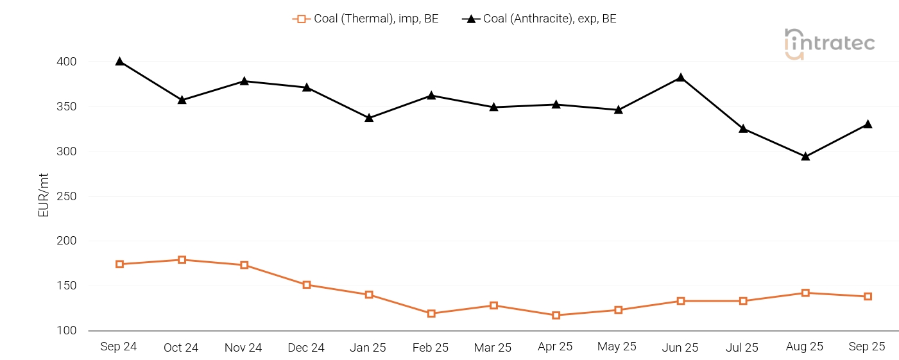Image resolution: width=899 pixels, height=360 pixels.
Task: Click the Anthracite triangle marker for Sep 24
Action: point(119,62)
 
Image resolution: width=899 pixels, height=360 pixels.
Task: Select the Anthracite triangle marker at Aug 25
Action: point(805,157)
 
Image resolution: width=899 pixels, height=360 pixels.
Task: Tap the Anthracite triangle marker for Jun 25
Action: point(681,78)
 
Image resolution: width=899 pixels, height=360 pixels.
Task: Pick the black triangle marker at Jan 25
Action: point(369,118)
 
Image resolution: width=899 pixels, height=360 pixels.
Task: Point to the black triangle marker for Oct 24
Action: point(182,100)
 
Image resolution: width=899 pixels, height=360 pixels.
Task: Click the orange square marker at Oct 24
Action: point(182,260)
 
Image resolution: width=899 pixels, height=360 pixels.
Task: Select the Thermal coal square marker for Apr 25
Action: point(556,315)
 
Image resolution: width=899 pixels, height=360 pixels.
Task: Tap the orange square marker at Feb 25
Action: point(431,314)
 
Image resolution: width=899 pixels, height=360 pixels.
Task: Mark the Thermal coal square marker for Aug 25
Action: point(805,293)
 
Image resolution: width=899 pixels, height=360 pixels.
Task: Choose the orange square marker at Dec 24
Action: point(307,285)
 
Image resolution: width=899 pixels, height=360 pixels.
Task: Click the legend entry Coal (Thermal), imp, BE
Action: point(366,19)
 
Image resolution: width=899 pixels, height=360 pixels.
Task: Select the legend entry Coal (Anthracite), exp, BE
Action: point(539,19)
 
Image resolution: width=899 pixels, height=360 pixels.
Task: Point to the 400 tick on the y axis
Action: point(67,62)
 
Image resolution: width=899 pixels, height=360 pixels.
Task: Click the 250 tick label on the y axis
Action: point(67,196)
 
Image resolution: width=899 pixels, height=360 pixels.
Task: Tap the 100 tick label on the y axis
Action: point(67,330)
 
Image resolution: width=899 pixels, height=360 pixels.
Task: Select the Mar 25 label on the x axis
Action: point(493,347)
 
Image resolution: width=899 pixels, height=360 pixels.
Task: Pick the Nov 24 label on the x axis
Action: point(243,347)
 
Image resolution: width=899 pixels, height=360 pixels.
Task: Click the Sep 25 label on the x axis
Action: point(867,347)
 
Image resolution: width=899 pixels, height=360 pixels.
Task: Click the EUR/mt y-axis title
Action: point(44,196)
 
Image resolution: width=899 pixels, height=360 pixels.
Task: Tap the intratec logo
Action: point(829,44)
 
